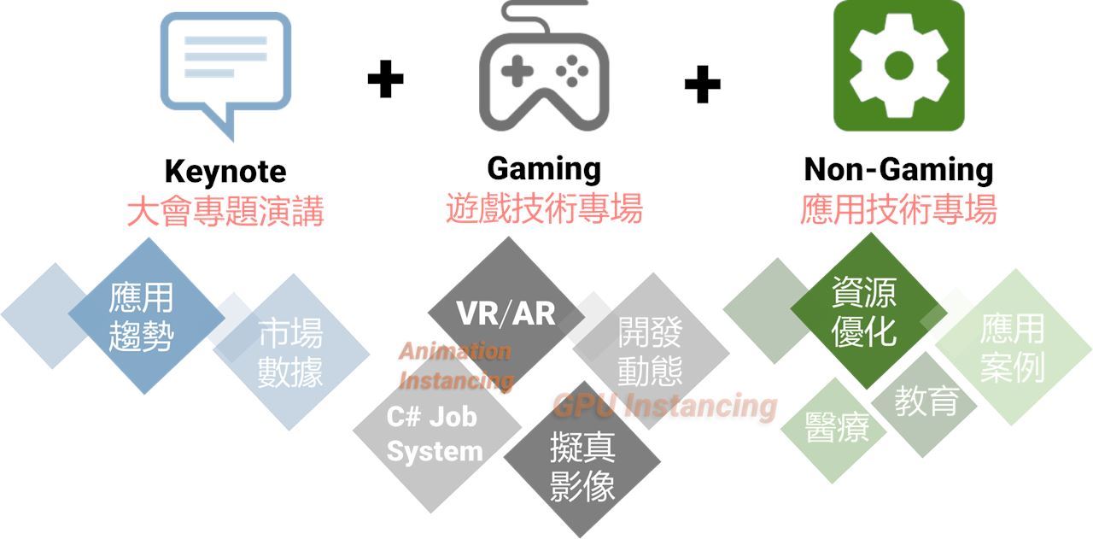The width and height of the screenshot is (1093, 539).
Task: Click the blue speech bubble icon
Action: pyautogui.click(x=226, y=68)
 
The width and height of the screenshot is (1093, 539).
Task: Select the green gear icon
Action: pyautogui.click(x=898, y=66)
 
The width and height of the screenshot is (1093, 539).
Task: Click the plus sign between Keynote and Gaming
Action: pyautogui.click(x=385, y=79)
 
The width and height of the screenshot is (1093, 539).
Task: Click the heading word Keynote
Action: pyautogui.click(x=225, y=172)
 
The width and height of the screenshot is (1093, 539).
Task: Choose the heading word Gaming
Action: pyautogui.click(x=544, y=168)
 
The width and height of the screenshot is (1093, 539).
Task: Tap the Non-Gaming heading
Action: pyautogui.click(x=898, y=169)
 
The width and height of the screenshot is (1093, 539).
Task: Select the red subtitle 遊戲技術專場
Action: pyautogui.click(x=544, y=208)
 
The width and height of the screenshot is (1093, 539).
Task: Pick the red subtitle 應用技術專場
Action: pyautogui.click(x=898, y=208)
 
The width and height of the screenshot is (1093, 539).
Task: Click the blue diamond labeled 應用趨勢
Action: pyautogui.click(x=143, y=316)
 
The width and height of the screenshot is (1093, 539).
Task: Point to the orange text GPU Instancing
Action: pyautogui.click(x=665, y=405)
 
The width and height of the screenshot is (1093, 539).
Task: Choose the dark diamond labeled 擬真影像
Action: pyautogui.click(x=582, y=466)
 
